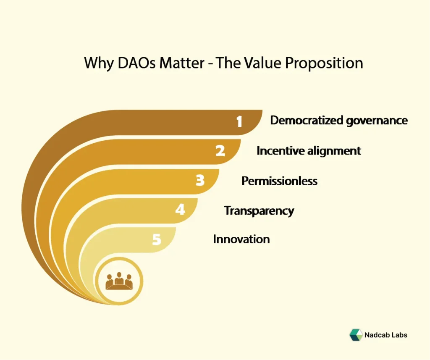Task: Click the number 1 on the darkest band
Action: pyautogui.click(x=239, y=121)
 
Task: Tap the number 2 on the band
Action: pyautogui.click(x=220, y=151)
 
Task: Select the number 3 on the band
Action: pyautogui.click(x=200, y=181)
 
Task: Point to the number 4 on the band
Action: pyautogui.click(x=180, y=210)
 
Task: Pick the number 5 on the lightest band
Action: pyautogui.click(x=156, y=240)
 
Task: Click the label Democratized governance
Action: pyautogui.click(x=338, y=121)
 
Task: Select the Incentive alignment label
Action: pyautogui.click(x=309, y=151)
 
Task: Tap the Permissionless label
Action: pyautogui.click(x=279, y=181)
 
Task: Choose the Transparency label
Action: pyautogui.click(x=259, y=210)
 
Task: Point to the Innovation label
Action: pyautogui.click(x=241, y=239)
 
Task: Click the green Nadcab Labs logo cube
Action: pyautogui.click(x=356, y=335)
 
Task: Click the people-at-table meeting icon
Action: pyautogui.click(x=119, y=281)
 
